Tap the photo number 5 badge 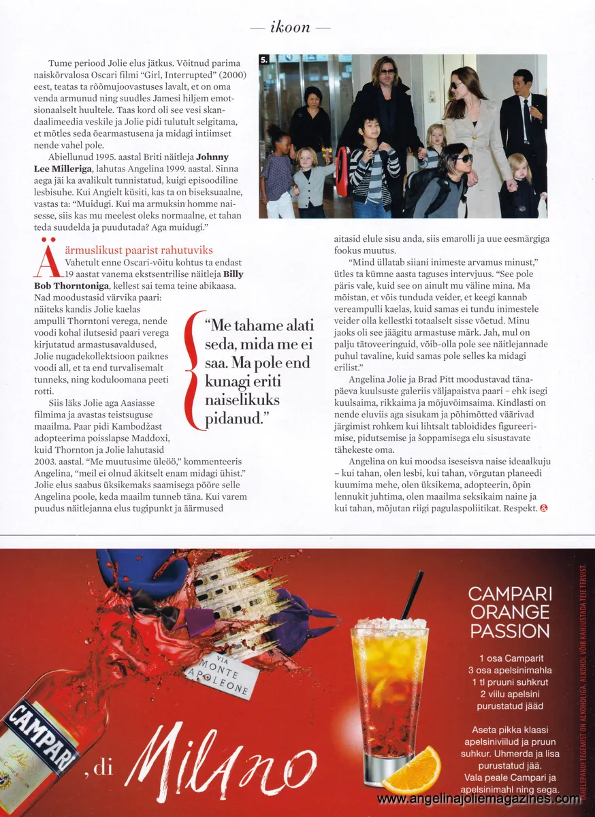(264, 61)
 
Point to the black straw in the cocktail (412, 595)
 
